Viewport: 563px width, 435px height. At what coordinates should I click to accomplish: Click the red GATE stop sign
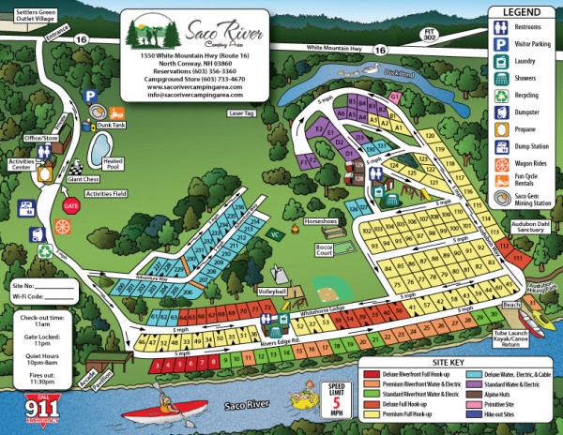point(70,203)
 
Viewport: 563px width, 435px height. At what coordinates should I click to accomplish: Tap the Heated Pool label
point(113,164)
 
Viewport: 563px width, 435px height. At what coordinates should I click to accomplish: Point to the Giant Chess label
point(84,178)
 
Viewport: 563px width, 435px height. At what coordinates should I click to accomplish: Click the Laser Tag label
point(241,113)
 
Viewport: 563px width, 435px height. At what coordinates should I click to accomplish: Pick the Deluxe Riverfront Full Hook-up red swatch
point(368,372)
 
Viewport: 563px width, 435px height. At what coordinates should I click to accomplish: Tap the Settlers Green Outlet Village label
point(30,14)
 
